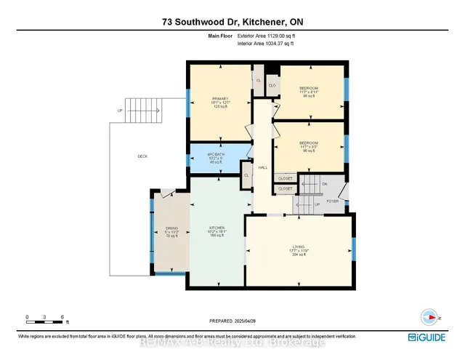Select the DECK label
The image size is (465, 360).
point(143,156)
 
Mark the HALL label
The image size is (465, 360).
point(262,167)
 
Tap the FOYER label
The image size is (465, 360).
point(333,201)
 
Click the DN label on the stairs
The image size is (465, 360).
point(325,184)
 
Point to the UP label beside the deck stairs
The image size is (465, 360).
point(120,111)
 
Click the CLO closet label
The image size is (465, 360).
point(272,86)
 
